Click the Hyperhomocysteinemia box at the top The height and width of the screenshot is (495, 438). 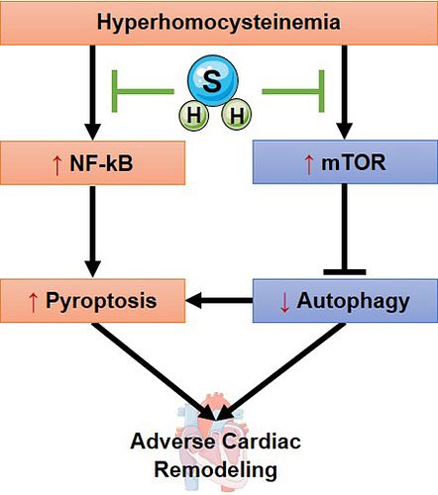coord(219,23)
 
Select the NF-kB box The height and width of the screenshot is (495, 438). coord(92,162)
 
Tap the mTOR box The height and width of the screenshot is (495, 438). coord(345,161)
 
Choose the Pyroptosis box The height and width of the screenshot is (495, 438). coord(92,301)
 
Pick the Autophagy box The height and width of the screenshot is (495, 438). coord(345,301)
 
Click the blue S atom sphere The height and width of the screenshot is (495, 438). coord(213,80)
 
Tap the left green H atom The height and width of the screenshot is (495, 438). coord(194,116)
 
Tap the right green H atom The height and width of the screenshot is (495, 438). coord(237,116)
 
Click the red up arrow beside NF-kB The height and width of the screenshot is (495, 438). coord(57,165)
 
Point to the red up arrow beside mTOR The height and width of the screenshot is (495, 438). coord(309,164)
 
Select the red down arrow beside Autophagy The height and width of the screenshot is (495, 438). coord(284,303)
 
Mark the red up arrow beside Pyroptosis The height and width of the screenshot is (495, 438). coord(33,303)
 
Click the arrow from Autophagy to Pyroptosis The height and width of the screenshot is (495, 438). coord(219,300)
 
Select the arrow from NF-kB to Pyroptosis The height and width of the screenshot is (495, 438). coord(92,231)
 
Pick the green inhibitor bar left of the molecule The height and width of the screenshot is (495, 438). coord(143,91)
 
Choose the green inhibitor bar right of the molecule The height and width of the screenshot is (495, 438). coord(293,91)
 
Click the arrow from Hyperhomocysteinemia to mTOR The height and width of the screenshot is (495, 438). coord(345,92)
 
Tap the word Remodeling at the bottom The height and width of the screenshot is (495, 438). coord(216,470)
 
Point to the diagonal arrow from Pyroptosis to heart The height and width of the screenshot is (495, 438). coord(153,371)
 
